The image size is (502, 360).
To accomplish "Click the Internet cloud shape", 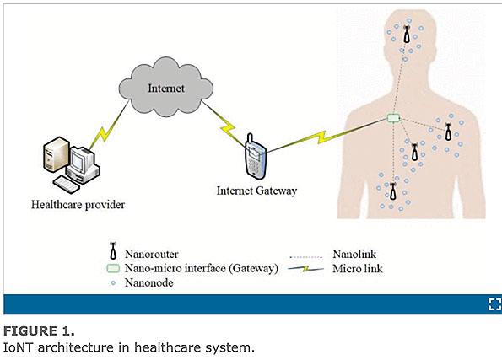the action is click(166, 87).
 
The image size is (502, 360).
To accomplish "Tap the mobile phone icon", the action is click(256, 157).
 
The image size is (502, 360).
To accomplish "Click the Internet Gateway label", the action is click(256, 191).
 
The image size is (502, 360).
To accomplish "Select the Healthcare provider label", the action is click(78, 205).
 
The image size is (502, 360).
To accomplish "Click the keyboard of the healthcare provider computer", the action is click(66, 185).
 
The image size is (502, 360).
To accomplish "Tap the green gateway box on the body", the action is click(393, 118).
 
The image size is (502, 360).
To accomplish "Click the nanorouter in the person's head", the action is click(407, 35).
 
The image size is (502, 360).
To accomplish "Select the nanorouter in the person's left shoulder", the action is click(449, 132).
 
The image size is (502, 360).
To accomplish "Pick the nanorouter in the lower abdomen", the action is click(393, 191).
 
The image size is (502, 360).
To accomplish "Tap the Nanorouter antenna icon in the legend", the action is click(113, 250).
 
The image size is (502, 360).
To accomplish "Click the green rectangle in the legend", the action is click(113, 268).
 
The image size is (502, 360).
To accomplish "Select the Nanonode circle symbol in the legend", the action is click(113, 283).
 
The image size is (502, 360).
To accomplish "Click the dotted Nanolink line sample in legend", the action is click(305, 256).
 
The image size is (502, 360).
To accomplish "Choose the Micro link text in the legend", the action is click(358, 268).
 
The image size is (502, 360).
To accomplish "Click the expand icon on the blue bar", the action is click(494, 304).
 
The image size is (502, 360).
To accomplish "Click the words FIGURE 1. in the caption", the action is click(39, 330).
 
